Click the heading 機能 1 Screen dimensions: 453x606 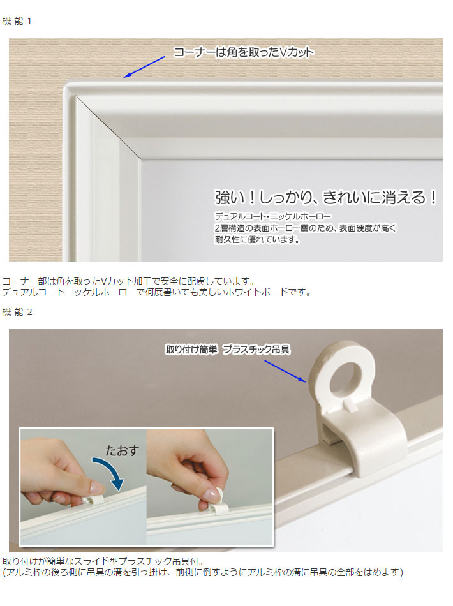[17, 21]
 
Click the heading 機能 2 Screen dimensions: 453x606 [17, 312]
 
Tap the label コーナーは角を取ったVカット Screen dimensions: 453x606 [244, 52]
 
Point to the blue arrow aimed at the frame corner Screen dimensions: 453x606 [144, 67]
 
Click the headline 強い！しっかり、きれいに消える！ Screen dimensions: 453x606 [326, 197]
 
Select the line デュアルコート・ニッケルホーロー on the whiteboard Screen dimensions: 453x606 [273, 216]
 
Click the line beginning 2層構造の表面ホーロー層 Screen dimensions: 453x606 [306, 228]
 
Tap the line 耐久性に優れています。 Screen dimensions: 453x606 [258, 240]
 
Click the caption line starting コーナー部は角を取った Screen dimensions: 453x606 [129, 281]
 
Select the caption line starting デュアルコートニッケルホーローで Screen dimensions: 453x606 [156, 292]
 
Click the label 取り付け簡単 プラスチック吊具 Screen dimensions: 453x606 [228, 350]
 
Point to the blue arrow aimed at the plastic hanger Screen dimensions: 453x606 [285, 371]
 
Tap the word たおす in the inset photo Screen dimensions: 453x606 [122, 450]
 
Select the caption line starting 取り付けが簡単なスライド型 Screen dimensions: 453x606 [103, 561]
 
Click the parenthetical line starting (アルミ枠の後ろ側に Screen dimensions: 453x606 [203, 572]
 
